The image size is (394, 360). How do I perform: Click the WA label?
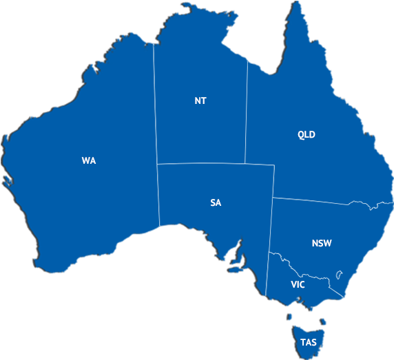88,160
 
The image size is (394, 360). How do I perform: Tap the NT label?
200,100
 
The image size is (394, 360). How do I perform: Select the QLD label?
306,134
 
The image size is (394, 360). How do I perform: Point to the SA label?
216,202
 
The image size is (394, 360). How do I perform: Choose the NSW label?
321,243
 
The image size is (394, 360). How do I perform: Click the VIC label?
298,284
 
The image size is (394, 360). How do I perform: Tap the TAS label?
307,341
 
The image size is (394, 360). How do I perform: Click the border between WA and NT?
155,103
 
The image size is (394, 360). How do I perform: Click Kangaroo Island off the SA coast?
236,269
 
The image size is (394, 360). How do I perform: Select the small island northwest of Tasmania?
290,317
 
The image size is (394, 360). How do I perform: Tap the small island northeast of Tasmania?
322,321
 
